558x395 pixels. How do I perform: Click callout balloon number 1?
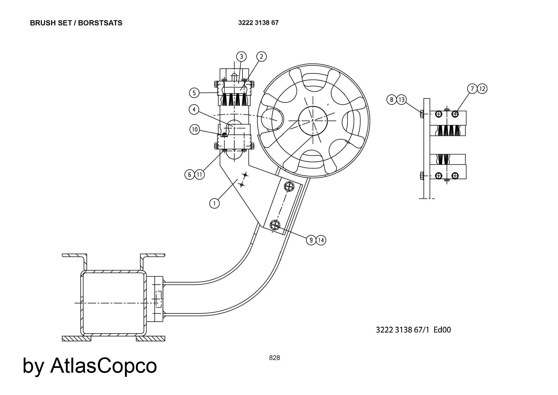[x=215, y=203]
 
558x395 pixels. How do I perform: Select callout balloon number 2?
[x=261, y=57]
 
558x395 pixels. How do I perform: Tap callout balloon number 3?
[x=242, y=57]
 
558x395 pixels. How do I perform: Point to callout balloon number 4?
[x=194, y=110]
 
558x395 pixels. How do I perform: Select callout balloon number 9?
[x=311, y=240]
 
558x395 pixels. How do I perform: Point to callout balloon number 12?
[x=482, y=89]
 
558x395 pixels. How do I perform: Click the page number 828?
[x=275, y=358]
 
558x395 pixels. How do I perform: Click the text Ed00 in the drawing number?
[x=442, y=330]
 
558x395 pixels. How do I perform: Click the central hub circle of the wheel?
[x=313, y=120]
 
